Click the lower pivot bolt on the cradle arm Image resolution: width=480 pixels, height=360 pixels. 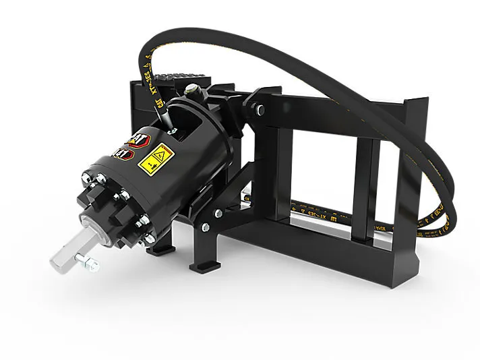217,213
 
